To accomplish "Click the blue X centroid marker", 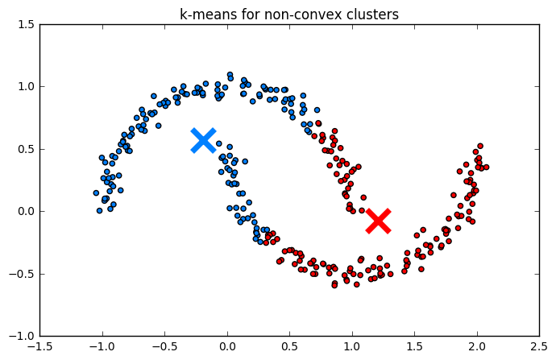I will click(x=203, y=139).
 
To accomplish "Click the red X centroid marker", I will click(x=378, y=221).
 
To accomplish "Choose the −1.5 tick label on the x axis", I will click(x=37, y=348).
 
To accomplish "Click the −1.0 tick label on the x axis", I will click(x=100, y=348).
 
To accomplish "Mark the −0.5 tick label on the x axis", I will click(x=162, y=348).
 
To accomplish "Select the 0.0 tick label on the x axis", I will click(x=227, y=348).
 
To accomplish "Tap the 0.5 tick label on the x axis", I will click(x=289, y=348).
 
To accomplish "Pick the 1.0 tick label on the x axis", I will click(x=352, y=348).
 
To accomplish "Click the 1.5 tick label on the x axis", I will click(x=414, y=348).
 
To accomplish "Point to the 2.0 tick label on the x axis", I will click(x=477, y=348).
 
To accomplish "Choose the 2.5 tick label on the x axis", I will click(x=539, y=348).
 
